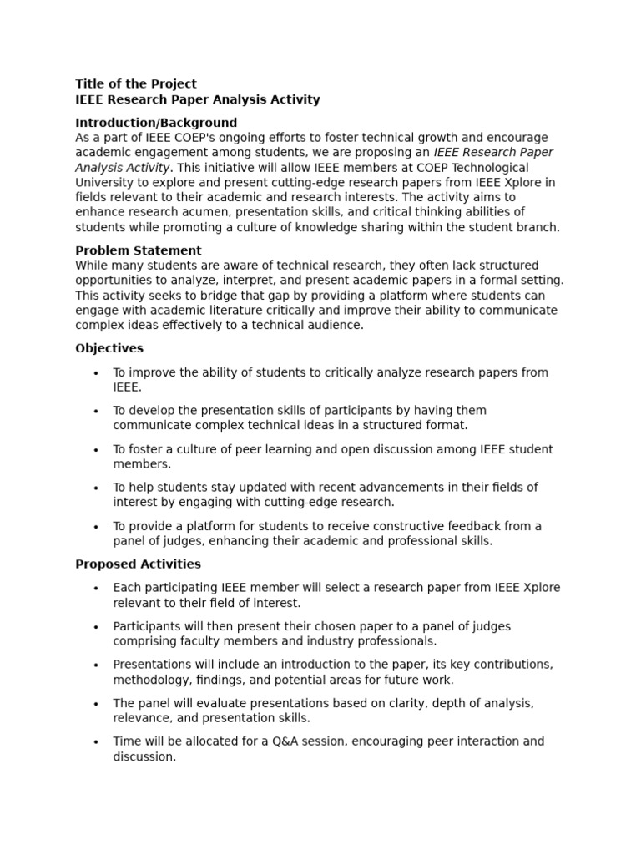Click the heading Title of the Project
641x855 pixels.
[136, 83]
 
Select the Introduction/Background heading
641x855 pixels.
[156, 123]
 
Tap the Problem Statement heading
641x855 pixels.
[139, 250]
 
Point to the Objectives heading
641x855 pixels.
[109, 348]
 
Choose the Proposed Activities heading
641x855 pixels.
[138, 564]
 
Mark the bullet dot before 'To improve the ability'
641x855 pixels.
[97, 373]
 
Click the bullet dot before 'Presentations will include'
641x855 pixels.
[97, 665]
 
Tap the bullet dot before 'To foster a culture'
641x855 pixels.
[97, 450]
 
